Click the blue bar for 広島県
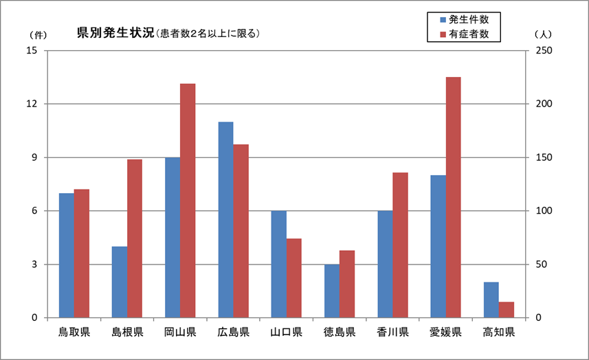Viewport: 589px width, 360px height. (x=225, y=220)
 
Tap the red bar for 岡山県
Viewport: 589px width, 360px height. (x=188, y=201)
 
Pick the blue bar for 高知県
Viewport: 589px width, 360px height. (x=491, y=300)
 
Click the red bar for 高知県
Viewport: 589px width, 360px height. (x=507, y=310)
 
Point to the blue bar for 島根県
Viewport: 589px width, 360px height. (x=119, y=282)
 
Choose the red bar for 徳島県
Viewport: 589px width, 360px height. (x=347, y=284)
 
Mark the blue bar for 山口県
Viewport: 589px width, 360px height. (x=278, y=264)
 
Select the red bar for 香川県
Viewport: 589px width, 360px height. (x=400, y=245)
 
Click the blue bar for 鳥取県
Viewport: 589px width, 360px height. (x=66, y=255)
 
